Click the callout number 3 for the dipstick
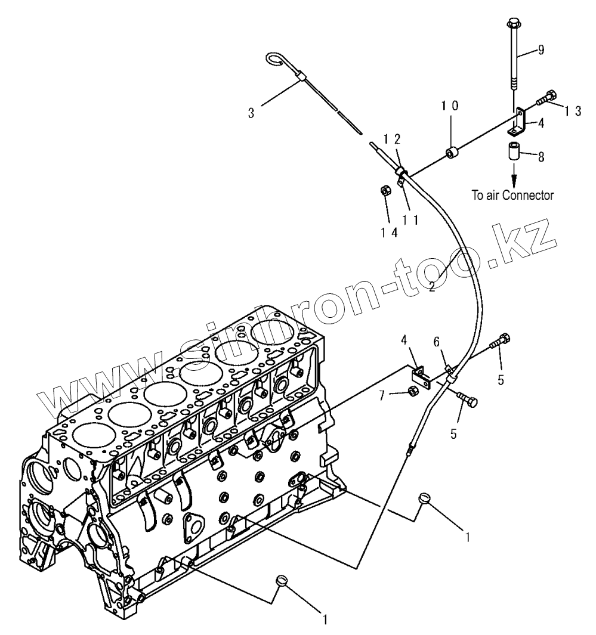[x=251, y=113]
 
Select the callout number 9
[x=541, y=50]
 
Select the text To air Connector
[x=513, y=194]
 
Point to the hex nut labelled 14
[x=385, y=192]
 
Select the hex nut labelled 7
[x=412, y=391]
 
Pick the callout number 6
[x=437, y=342]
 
